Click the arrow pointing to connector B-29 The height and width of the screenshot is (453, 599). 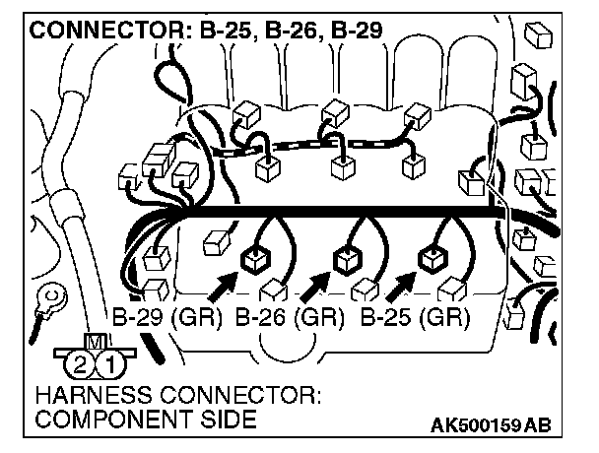[x=223, y=285]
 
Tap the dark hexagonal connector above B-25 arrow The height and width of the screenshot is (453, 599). [x=431, y=260]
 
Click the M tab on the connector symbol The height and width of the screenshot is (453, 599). [x=96, y=343]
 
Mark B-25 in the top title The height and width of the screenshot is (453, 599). [x=222, y=31]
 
